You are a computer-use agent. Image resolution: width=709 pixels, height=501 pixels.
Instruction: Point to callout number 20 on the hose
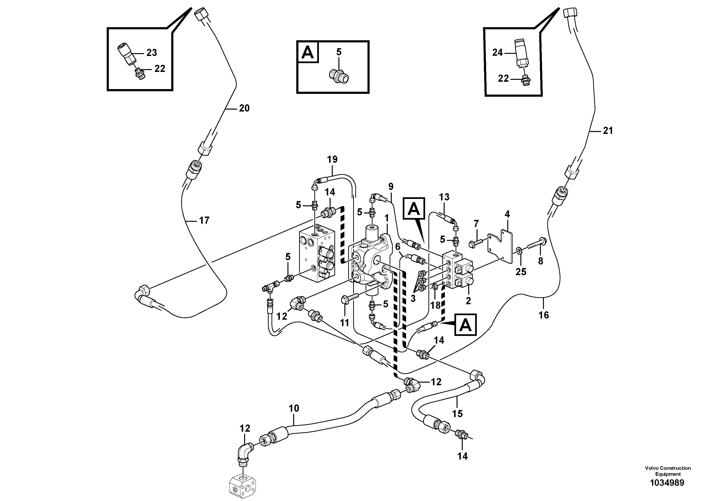pyautogui.click(x=244, y=108)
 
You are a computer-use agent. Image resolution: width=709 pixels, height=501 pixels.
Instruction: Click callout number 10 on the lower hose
pyautogui.click(x=294, y=408)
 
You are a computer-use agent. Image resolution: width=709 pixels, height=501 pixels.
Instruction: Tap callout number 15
pyautogui.click(x=457, y=413)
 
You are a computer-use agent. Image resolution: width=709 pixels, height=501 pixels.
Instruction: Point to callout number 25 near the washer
pyautogui.click(x=521, y=272)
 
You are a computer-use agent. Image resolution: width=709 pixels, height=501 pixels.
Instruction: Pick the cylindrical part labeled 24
pyautogui.click(x=522, y=52)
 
